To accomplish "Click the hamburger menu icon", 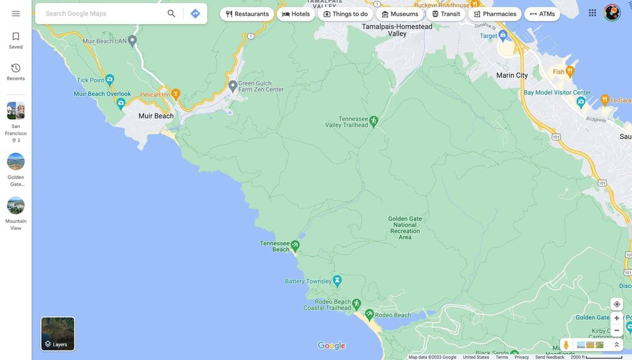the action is pyautogui.click(x=16, y=14).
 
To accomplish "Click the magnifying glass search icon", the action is pyautogui.click(x=171, y=14).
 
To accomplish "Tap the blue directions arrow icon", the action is pyautogui.click(x=195, y=14).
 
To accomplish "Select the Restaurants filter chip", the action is pyautogui.click(x=247, y=14).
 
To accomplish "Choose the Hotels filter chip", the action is pyautogui.click(x=296, y=14).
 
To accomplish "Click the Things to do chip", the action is pyautogui.click(x=346, y=14).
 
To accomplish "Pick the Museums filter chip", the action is pyautogui.click(x=400, y=14).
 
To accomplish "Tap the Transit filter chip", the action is pyautogui.click(x=446, y=14).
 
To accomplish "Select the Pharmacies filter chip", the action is pyautogui.click(x=495, y=14).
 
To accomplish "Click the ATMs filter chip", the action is pyautogui.click(x=543, y=14).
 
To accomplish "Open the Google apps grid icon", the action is pyautogui.click(x=592, y=13).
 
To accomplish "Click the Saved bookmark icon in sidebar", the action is pyautogui.click(x=16, y=37).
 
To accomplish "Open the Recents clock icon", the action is pyautogui.click(x=16, y=69).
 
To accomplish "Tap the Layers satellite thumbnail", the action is pyautogui.click(x=58, y=334).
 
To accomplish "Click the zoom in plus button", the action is pyautogui.click(x=617, y=318).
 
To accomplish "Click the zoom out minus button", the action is pyautogui.click(x=617, y=330).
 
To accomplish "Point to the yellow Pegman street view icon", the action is pyautogui.click(x=566, y=345).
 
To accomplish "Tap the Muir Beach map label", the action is pyautogui.click(x=156, y=116).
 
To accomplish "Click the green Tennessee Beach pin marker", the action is pyautogui.click(x=295, y=246).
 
